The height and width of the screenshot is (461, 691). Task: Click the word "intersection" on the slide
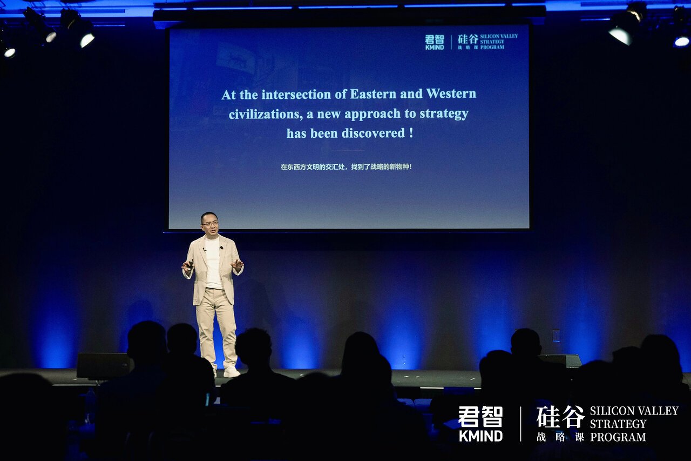click(296, 95)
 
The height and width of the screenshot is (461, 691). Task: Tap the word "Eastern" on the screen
click(373, 94)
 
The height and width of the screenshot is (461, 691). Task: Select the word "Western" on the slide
click(451, 93)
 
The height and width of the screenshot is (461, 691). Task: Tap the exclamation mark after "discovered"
click(411, 133)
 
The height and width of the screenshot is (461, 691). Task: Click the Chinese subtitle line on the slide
click(346, 167)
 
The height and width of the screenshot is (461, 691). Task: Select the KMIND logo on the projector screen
click(435, 42)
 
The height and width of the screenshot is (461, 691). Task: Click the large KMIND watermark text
click(480, 436)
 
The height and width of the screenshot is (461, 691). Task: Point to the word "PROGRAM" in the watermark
click(618, 437)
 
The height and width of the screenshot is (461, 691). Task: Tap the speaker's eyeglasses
click(210, 224)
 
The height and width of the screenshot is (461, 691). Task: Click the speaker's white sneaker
click(232, 372)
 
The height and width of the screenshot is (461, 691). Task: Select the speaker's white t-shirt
click(213, 263)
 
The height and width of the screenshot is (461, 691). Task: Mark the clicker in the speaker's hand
click(191, 264)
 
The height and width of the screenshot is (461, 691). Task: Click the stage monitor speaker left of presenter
click(103, 365)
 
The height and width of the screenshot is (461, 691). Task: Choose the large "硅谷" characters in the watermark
click(560, 417)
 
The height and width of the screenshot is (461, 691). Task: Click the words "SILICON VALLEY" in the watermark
click(634, 411)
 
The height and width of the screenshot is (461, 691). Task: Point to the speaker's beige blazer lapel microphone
click(221, 248)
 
